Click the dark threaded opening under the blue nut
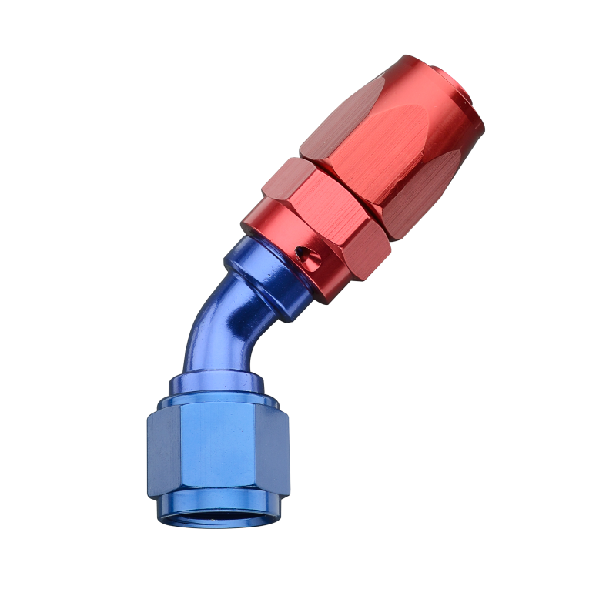pyautogui.click(x=217, y=514)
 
